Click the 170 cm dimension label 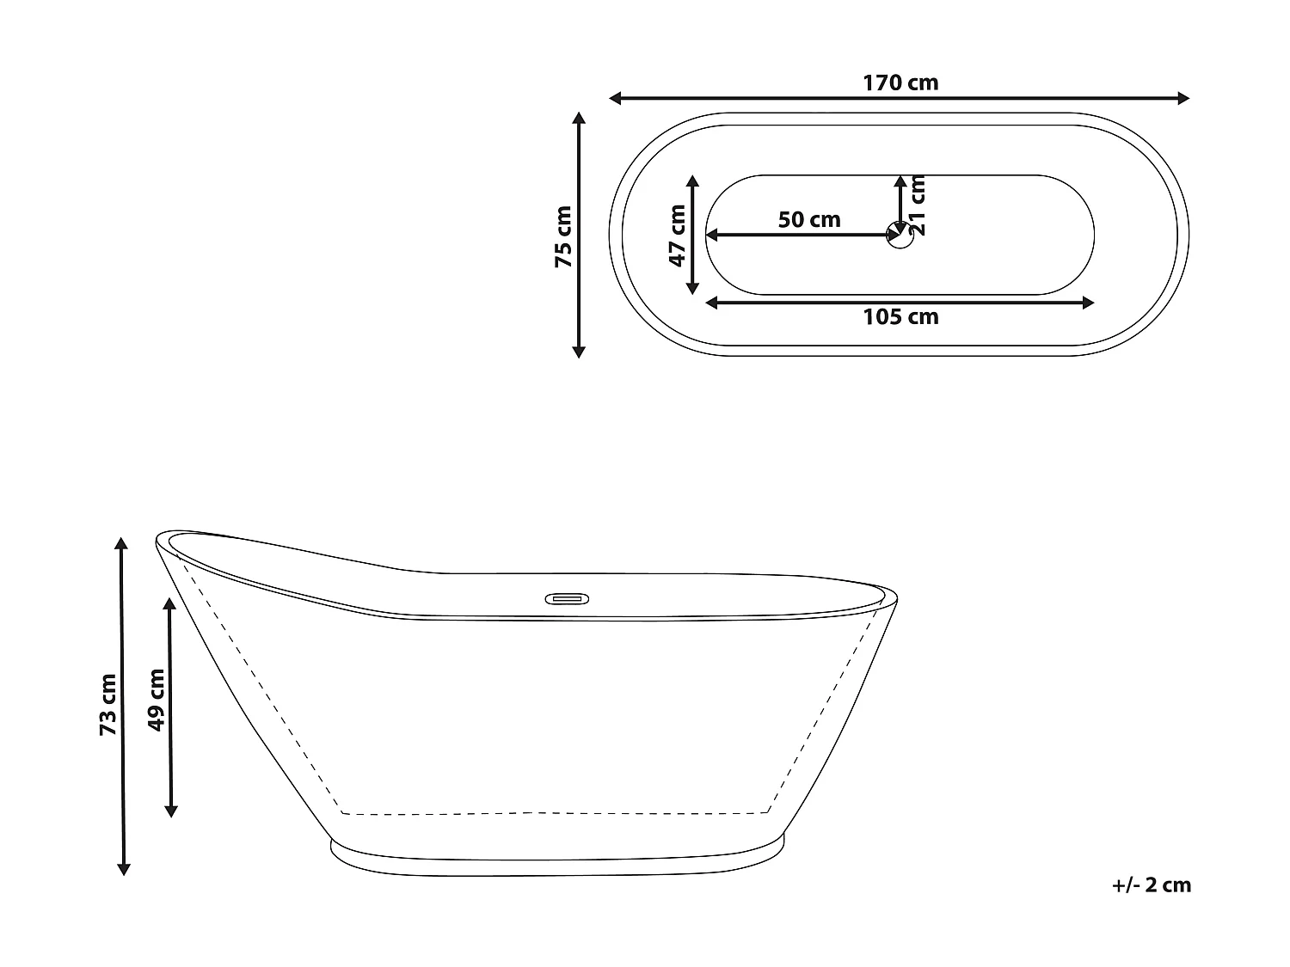click(900, 83)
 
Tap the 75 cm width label click(563, 236)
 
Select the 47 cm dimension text click(677, 236)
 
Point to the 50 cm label click(809, 220)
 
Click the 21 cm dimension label click(917, 205)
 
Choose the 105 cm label click(900, 317)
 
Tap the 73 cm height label click(107, 705)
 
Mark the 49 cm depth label click(156, 700)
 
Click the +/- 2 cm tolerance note click(1151, 885)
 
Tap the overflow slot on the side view click(564, 597)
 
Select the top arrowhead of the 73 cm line click(122, 543)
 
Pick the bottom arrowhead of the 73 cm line click(123, 869)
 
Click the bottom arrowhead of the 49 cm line click(170, 811)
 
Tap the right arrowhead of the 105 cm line click(1089, 302)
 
